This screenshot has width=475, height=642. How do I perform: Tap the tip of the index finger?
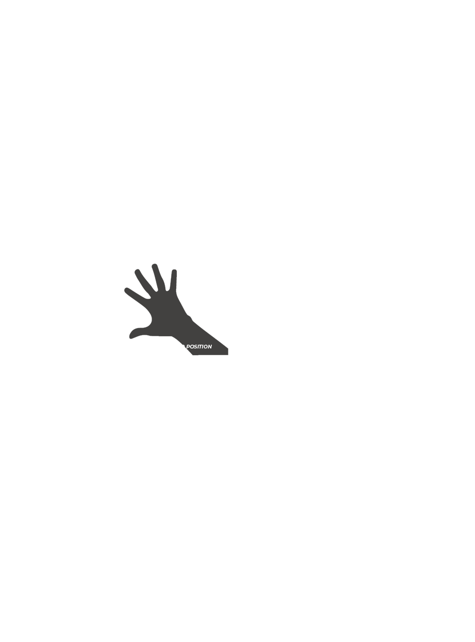point(127,290)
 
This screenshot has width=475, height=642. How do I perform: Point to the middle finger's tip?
point(138,272)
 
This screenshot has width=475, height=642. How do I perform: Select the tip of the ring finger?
point(154,266)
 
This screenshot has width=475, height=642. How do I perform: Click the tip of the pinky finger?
point(174,272)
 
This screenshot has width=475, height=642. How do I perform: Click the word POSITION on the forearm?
point(199,347)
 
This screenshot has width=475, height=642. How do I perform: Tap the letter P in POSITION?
point(188,347)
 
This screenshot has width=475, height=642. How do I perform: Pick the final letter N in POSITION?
point(209,347)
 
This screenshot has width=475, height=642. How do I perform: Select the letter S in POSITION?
point(196,347)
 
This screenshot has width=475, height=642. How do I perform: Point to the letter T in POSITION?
point(201,347)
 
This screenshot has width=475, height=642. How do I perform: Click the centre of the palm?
point(167,313)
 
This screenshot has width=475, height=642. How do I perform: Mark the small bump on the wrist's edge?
point(190,317)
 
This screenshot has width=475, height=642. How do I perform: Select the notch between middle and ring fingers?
point(157,290)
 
